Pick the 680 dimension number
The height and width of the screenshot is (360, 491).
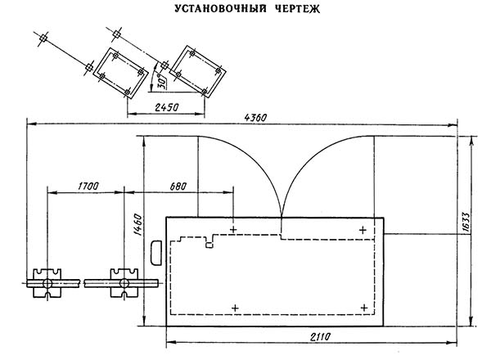coord(174,187)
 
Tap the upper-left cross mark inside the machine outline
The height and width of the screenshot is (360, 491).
coord(234,230)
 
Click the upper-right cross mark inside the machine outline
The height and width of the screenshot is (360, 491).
coord(364,230)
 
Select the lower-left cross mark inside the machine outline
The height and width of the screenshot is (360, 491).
coord(236,308)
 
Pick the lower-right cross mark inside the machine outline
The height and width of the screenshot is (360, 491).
coord(364,308)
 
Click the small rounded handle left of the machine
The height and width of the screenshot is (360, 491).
coord(157,254)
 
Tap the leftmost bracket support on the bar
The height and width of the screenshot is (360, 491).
coord(48,281)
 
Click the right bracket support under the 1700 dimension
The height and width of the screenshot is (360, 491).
coord(124,281)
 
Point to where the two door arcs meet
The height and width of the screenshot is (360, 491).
coord(282,215)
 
